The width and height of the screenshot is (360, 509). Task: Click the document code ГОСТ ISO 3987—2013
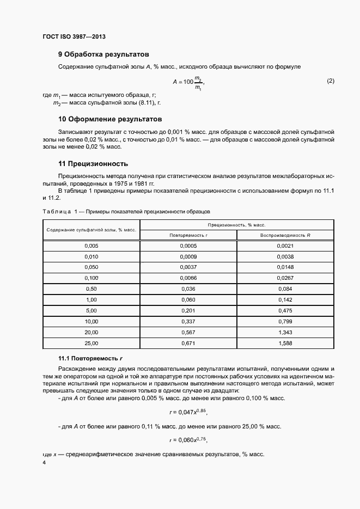click(x=74, y=36)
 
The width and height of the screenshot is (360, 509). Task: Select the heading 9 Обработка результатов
click(x=103, y=54)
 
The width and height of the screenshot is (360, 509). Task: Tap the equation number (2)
click(x=330, y=81)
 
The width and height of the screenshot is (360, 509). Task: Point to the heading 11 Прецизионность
click(x=93, y=163)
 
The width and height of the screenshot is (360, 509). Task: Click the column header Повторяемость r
click(x=188, y=235)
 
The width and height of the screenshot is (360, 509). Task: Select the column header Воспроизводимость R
click(x=285, y=235)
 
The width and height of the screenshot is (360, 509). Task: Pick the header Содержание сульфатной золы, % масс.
click(x=91, y=230)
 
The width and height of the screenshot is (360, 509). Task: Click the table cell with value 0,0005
click(x=188, y=246)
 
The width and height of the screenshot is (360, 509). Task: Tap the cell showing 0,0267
click(x=285, y=278)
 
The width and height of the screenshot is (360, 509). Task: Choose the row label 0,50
click(x=91, y=289)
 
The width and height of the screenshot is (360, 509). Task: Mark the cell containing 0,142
click(x=285, y=299)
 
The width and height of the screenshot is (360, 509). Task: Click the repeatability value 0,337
click(x=188, y=321)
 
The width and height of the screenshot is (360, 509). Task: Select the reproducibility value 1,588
click(x=285, y=343)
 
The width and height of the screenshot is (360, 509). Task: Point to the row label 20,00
click(x=91, y=332)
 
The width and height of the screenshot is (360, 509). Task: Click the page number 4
click(x=44, y=462)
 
